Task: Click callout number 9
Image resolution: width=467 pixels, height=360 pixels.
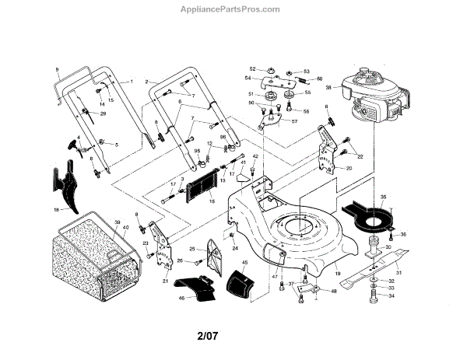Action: click(x=57, y=71)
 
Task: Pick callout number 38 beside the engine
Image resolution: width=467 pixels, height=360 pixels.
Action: click(x=329, y=87)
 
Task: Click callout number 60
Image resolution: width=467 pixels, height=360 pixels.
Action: click(x=319, y=80)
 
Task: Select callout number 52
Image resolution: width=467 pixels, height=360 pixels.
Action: click(x=252, y=68)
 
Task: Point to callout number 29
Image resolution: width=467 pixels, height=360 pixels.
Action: click(x=104, y=114)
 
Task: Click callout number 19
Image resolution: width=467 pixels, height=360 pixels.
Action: click(x=338, y=274)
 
